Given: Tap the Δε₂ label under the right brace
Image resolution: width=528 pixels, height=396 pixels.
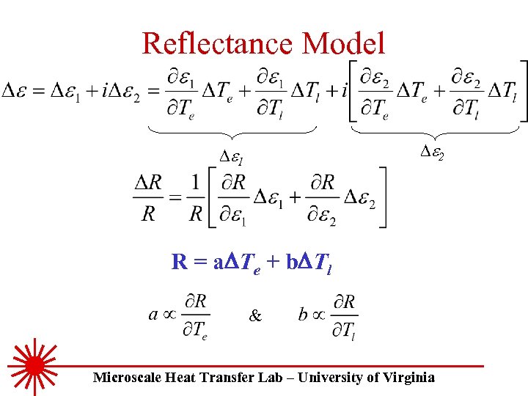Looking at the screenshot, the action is pos(433,152).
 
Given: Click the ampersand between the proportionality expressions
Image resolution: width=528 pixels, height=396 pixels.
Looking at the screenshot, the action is pos(255,317).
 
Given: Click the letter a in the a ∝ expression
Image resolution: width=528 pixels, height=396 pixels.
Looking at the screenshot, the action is pos(153,315).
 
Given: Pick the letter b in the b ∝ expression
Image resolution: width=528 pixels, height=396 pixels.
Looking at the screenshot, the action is pos(303,315).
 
